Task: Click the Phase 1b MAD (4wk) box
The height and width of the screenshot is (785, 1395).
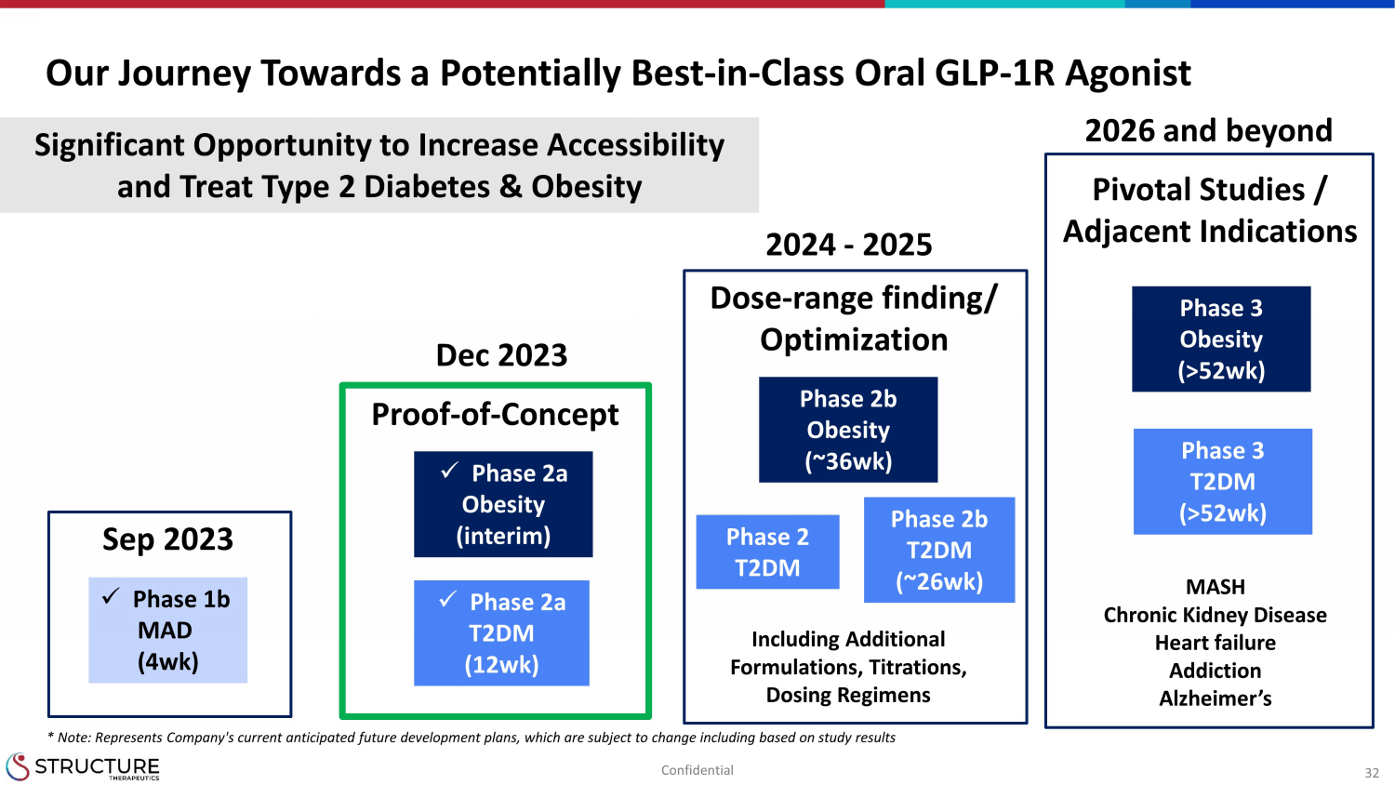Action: click(x=167, y=630)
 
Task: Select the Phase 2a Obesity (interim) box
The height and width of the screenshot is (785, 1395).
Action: click(x=503, y=504)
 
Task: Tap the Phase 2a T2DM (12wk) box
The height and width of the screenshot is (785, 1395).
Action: click(x=501, y=633)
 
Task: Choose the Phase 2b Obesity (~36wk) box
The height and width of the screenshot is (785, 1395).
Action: click(x=848, y=430)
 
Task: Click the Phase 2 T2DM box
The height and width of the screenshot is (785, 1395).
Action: click(x=768, y=552)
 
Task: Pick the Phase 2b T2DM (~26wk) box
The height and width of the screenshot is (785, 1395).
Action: click(x=939, y=550)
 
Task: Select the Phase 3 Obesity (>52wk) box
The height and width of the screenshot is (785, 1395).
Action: click(x=1221, y=339)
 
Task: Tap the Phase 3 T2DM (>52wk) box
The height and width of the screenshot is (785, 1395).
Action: click(x=1223, y=482)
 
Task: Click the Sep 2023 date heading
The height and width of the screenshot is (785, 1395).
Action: click(x=167, y=539)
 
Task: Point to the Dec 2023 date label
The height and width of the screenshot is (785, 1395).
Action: click(x=501, y=355)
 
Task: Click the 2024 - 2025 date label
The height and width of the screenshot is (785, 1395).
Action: click(x=849, y=245)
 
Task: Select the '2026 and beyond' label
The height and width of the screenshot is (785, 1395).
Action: click(x=1208, y=131)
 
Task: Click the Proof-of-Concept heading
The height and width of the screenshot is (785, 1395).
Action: click(x=495, y=414)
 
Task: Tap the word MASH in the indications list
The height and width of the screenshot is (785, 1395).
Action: click(x=1215, y=587)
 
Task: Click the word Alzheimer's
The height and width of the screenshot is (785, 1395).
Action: click(x=1215, y=699)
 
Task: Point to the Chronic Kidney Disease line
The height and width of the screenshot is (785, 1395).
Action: click(x=1215, y=615)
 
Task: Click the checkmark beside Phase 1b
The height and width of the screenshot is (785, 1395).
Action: click(x=111, y=596)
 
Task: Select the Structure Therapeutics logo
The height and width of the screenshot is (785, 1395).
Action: click(x=83, y=766)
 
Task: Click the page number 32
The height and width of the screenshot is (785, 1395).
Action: click(x=1372, y=773)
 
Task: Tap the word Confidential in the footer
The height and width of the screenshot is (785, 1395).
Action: click(x=697, y=770)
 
